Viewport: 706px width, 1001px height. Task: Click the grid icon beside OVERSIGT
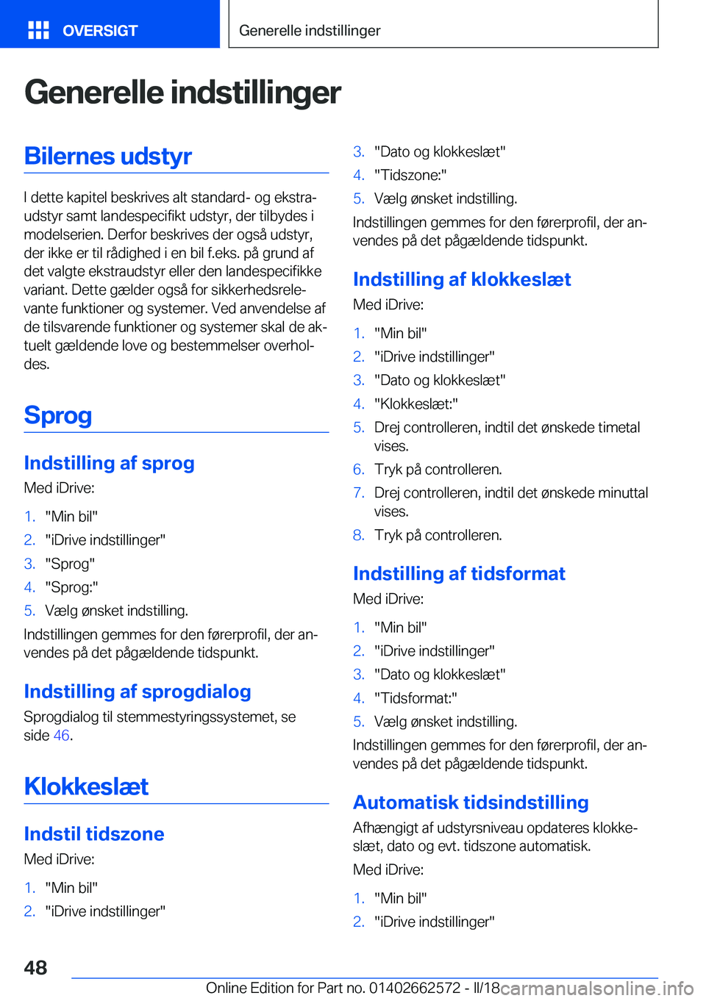tap(38, 30)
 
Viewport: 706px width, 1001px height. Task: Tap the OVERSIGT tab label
tap(100, 31)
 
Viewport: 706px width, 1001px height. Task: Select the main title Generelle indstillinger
tap(182, 93)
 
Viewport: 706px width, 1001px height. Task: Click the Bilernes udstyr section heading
tap(108, 156)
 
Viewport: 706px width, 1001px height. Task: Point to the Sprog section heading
tap(58, 415)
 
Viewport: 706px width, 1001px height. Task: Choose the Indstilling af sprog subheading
tap(109, 463)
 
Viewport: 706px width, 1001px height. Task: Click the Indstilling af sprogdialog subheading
tap(138, 692)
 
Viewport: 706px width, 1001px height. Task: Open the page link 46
tap(62, 736)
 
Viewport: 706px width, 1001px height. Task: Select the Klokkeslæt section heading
tap(86, 786)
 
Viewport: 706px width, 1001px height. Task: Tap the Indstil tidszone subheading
tap(94, 834)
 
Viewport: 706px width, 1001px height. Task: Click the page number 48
tap(35, 967)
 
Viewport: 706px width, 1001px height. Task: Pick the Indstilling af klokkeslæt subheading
tap(462, 279)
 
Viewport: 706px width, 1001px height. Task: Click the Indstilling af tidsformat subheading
tap(459, 574)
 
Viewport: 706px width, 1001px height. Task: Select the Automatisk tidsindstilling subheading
tap(471, 803)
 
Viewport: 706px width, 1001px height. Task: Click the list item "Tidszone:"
tap(410, 175)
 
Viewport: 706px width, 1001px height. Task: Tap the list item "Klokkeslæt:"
tap(416, 403)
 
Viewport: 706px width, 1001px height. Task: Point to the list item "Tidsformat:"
tap(416, 698)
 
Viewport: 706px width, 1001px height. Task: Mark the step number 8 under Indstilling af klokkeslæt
tap(358, 535)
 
